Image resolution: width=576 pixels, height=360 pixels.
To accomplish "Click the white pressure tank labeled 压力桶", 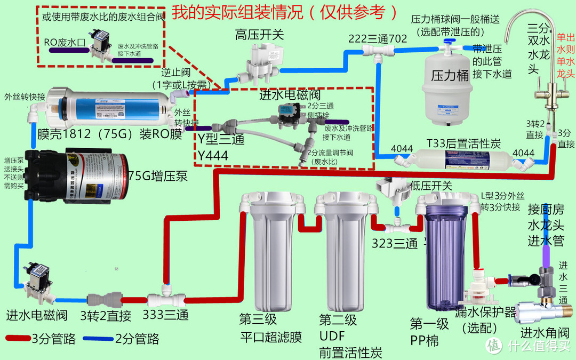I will pyautogui.click(x=446, y=80).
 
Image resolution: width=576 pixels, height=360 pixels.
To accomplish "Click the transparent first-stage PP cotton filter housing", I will pyautogui.click(x=446, y=256).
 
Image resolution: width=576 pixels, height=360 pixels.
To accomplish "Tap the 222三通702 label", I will pyautogui.click(x=378, y=38).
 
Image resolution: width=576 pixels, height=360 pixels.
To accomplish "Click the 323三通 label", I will pyautogui.click(x=395, y=244).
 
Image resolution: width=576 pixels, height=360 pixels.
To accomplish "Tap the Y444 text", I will pyautogui.click(x=213, y=156).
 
